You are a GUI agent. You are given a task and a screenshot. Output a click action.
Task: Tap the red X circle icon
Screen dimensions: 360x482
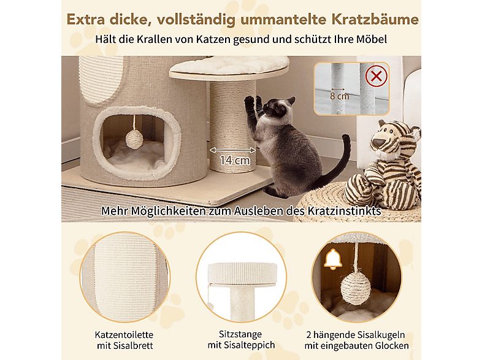[376, 77]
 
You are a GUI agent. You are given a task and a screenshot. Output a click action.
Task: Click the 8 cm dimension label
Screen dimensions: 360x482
[339, 96]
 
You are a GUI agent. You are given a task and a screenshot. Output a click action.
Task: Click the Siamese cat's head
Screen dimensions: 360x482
[280, 110]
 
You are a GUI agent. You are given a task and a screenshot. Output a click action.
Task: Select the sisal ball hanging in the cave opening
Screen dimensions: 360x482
[134, 139]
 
